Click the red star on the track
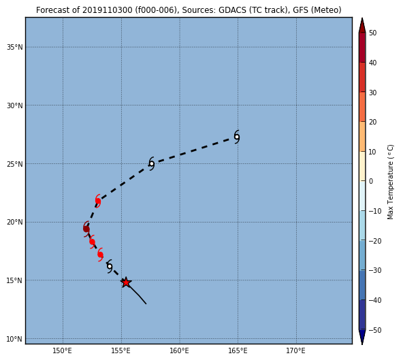coord(126,282)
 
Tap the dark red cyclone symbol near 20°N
coord(86,229)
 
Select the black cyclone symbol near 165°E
coord(237,137)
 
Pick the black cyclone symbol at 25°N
coord(152,164)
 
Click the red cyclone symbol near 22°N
coord(97,201)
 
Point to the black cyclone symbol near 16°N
coord(110,266)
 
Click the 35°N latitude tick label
coord(15,47)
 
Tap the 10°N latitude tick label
coord(15,339)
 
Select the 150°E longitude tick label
coord(63,350)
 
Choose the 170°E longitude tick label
coord(296,350)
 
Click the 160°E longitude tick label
coord(179,350)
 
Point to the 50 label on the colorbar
coord(372,33)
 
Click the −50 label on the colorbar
coord(375,330)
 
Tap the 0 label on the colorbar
coord(371,181)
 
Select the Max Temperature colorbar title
coord(391,182)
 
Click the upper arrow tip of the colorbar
coord(362,18)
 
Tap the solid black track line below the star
coord(136,293)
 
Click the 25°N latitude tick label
coord(15,164)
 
